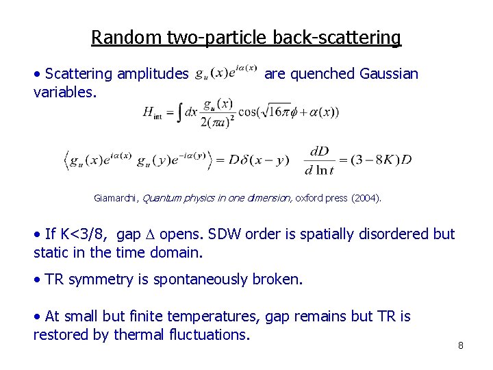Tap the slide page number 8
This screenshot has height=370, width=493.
pos(461,345)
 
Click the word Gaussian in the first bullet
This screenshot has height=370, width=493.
pos(389,74)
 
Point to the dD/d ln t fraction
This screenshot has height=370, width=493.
pos(320,160)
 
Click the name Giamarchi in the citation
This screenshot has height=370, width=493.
pos(116,198)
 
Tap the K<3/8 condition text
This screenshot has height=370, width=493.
pos(82,234)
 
